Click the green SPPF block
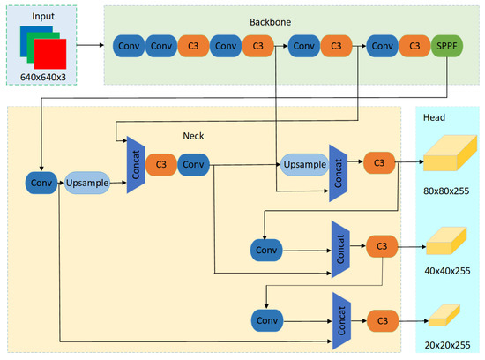[444, 44]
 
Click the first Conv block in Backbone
[130, 44]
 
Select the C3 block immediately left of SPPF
[410, 44]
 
